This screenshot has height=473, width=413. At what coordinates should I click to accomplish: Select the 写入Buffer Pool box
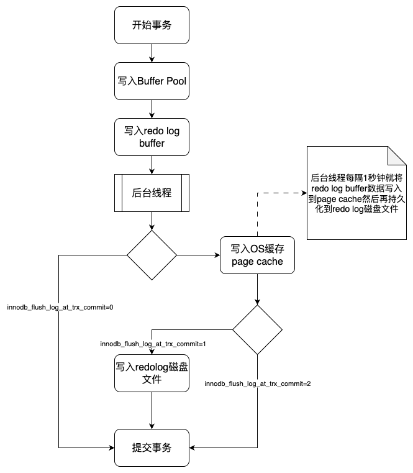[x=152, y=81]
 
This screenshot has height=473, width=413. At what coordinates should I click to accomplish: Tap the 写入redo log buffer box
[x=152, y=137]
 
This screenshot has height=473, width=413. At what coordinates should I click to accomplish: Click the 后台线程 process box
[x=152, y=193]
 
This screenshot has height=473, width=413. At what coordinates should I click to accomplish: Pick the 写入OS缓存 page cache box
[x=257, y=255]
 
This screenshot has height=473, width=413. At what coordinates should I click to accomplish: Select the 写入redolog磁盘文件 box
[x=152, y=373]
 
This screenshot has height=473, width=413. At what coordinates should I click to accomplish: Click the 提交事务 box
[x=152, y=448]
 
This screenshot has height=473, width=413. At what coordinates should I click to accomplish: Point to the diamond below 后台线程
[x=152, y=255]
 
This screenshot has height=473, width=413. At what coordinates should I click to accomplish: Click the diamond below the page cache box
[x=257, y=329]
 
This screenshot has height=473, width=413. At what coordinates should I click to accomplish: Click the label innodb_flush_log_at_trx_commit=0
[x=60, y=308]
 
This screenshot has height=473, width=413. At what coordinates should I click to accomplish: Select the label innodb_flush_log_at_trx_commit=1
[x=153, y=344]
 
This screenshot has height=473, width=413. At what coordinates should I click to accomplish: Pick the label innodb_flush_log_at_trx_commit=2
[x=258, y=383]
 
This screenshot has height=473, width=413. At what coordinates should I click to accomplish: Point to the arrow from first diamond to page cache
[x=197, y=255]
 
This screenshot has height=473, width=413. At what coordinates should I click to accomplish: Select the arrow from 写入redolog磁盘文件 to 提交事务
[x=152, y=410]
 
